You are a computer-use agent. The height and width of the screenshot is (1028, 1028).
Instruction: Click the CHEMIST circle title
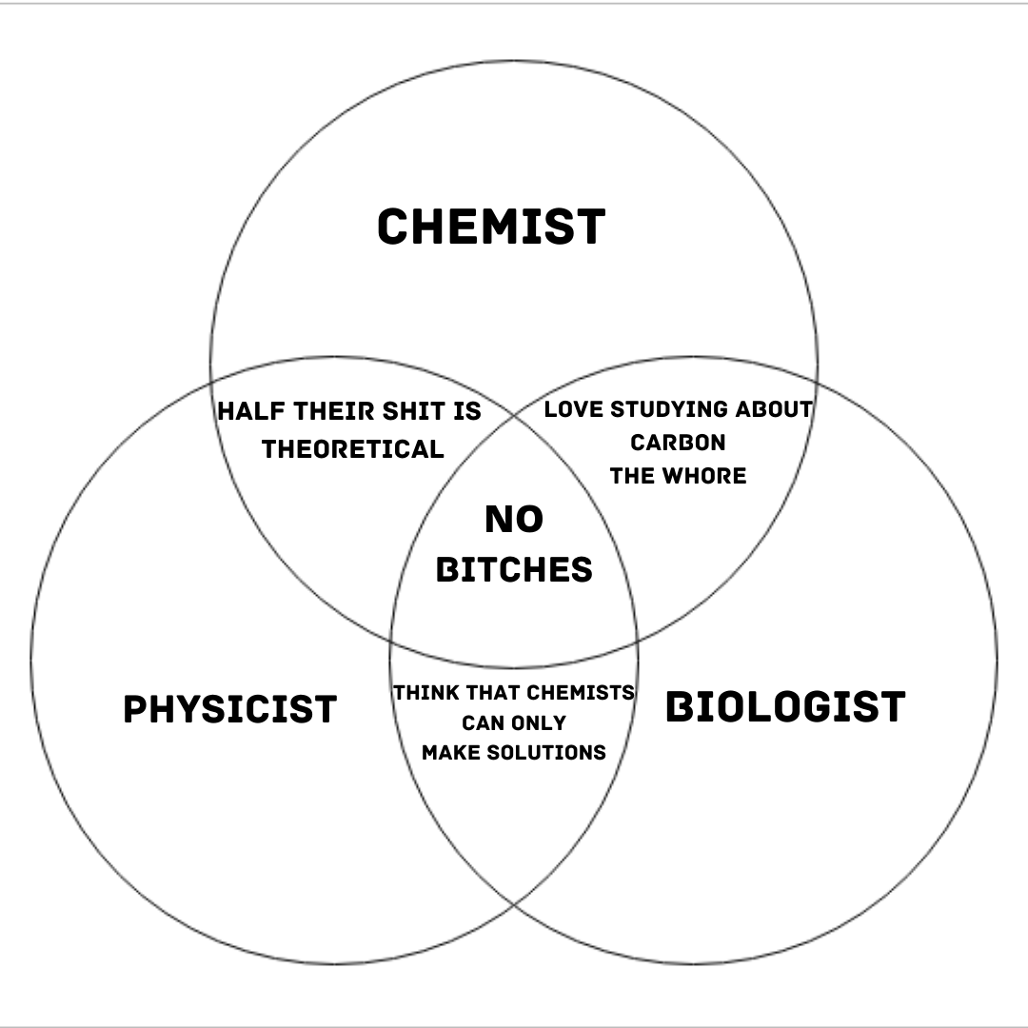pyautogui.click(x=491, y=227)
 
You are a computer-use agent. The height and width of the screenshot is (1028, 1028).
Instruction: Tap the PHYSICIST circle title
pyautogui.click(x=230, y=709)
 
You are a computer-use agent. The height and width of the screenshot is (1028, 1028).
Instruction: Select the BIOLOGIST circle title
pyautogui.click(x=785, y=707)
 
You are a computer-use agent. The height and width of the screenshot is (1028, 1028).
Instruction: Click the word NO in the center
pyautogui.click(x=514, y=520)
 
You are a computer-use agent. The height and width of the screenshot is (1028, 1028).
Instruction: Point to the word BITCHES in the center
pyautogui.click(x=514, y=569)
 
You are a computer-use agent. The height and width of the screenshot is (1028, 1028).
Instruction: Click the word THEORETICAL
pyautogui.click(x=353, y=449)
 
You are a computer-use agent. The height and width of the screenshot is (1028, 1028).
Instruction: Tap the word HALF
pyautogui.click(x=251, y=412)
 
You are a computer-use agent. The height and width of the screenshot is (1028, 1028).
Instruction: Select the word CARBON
pyautogui.click(x=678, y=443)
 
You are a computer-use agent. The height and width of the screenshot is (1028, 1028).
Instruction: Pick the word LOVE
pyautogui.click(x=574, y=409)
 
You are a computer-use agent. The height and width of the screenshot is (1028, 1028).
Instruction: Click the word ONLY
pyautogui.click(x=538, y=722)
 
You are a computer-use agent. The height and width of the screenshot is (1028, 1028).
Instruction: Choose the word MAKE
pyautogui.click(x=450, y=752)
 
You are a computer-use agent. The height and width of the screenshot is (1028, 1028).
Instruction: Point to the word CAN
pyautogui.click(x=483, y=722)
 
